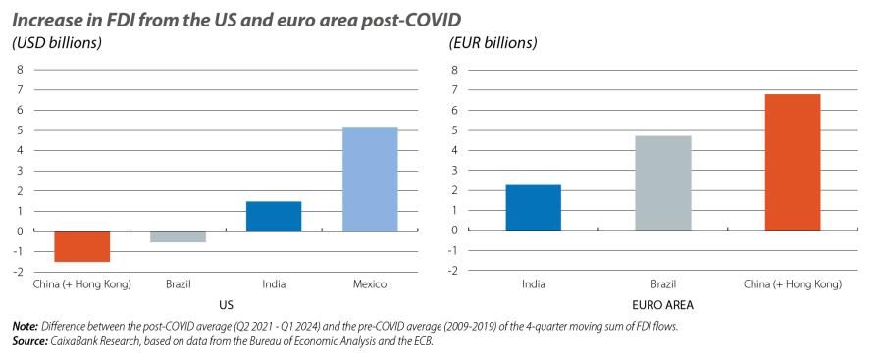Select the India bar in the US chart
pos(274,216)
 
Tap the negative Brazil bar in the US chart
pos(178,236)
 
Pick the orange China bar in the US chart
pos(81,246)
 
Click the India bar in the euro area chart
pos(534,207)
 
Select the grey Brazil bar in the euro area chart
pos(662,182)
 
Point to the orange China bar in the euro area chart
pos(792,162)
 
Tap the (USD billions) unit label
pos(57,43)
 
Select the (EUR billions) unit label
pos(493,43)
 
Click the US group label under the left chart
pos(225,304)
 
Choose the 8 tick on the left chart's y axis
pos(19,70)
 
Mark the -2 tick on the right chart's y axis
pos(453,270)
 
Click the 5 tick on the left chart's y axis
pos(19,130)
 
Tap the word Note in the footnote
pos(24,326)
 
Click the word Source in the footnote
pos(28,340)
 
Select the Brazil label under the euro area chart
pos(662,284)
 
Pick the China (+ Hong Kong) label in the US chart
pos(81,284)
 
